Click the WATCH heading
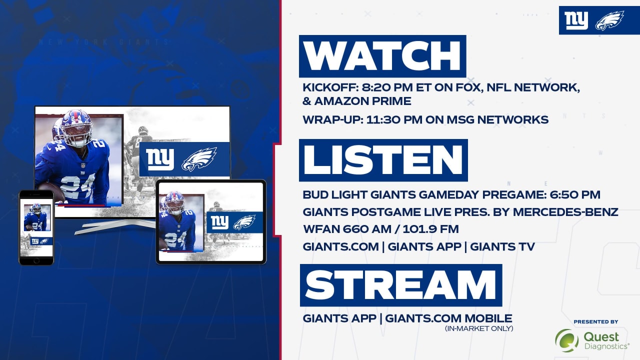382,56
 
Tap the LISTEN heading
383,160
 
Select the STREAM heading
400,285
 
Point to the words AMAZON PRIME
363,101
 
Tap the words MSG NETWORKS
497,119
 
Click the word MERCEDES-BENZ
565,212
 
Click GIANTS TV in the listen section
502,247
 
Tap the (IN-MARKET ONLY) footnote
479,328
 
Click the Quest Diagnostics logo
592,340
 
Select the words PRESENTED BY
596,321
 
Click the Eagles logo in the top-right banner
609,20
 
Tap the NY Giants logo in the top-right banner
576,20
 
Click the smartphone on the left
36,227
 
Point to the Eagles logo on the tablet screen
244,222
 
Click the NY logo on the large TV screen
159,159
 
